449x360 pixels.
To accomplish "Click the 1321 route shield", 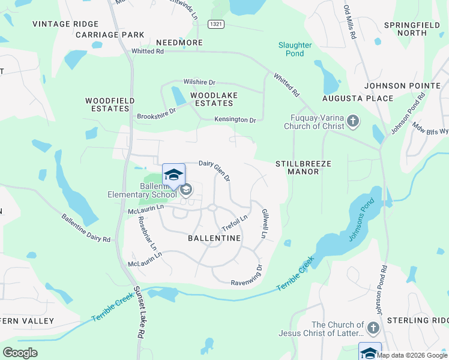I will tap(216, 23).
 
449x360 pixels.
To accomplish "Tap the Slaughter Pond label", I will tap(295, 49).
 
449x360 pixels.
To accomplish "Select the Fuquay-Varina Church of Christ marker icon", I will tap(353, 122).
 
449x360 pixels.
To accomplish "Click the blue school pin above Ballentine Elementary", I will tap(173, 175).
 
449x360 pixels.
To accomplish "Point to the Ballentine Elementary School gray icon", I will tap(186, 190).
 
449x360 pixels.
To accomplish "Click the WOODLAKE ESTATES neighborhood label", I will tap(214, 100).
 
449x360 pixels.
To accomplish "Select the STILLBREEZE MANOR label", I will tap(303, 167).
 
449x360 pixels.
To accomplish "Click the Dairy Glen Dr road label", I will tap(215, 170).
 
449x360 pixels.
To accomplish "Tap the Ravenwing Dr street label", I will tap(247, 275).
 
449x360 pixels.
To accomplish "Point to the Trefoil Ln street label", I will tap(235, 224).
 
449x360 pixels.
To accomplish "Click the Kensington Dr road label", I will tap(235, 120).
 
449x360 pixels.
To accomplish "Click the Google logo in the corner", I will tap(20, 352).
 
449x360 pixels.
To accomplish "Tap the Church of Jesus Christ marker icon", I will tap(373, 328).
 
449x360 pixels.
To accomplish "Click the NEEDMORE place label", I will tap(179, 43).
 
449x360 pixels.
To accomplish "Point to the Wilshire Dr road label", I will tap(199, 82).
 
